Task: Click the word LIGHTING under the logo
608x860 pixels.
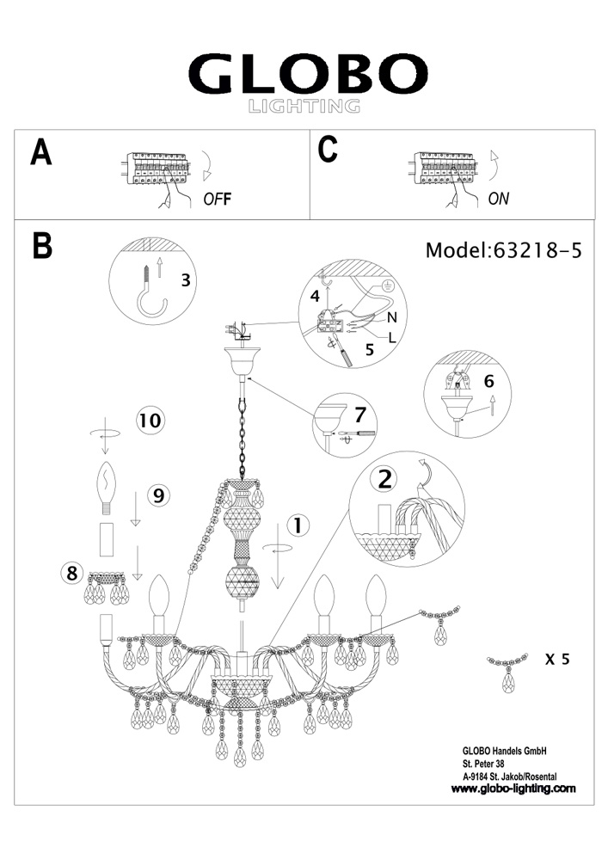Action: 304,107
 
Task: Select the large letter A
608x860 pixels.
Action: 40,151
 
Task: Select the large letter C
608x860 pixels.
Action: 328,150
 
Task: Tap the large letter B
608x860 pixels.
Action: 42,245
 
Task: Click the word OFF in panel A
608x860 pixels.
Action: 218,199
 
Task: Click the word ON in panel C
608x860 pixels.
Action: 499,199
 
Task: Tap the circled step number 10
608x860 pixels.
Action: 150,421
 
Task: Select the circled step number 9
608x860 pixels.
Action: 157,494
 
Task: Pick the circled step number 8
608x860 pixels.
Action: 72,571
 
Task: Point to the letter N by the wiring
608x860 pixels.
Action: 379,316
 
